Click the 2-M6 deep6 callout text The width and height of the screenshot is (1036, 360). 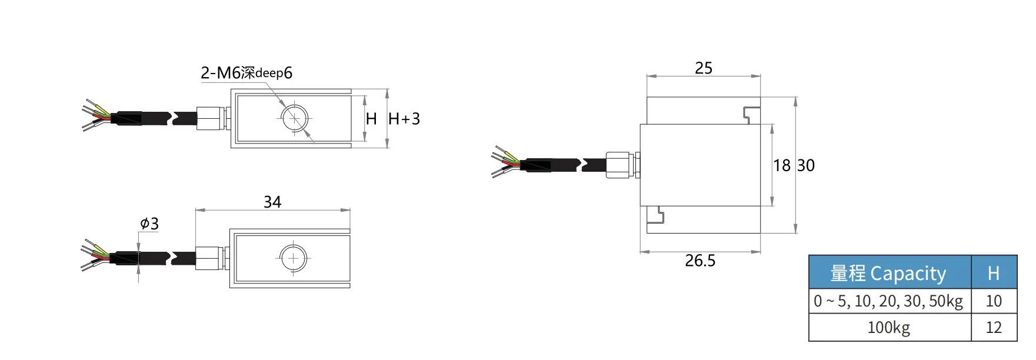click(246, 73)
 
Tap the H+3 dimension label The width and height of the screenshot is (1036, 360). click(404, 119)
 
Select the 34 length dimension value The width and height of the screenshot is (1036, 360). click(272, 202)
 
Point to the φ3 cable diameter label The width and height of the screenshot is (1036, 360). click(149, 224)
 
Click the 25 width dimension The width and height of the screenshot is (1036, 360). click(704, 68)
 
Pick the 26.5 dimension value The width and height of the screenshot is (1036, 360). click(700, 261)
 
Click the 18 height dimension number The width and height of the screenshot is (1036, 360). click(782, 166)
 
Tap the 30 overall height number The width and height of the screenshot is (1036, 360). click(806, 166)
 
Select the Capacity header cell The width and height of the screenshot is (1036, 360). click(889, 273)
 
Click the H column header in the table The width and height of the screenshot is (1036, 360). click(994, 273)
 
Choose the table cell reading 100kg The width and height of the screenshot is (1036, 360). click(889, 327)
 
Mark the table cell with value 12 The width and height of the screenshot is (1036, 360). click(994, 327)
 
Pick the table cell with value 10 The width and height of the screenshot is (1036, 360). click(994, 301)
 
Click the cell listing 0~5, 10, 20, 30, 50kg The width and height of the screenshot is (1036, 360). click(889, 301)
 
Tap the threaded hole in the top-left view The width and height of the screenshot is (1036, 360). click(294, 119)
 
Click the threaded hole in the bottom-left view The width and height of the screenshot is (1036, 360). click(293, 258)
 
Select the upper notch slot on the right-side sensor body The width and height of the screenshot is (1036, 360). click(751, 115)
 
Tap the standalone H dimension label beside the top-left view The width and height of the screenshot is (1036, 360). click(371, 119)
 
